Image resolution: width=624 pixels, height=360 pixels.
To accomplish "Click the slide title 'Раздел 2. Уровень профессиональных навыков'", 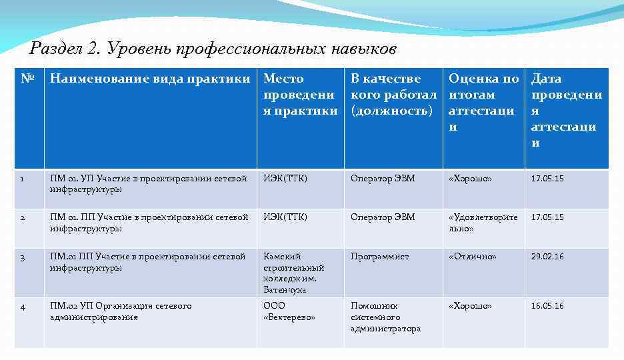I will coord(213,49).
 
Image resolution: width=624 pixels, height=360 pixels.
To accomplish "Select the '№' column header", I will coord(27,79).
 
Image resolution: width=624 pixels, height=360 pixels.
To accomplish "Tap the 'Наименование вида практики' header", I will coord(153,79).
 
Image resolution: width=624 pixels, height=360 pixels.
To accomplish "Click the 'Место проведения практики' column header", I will coord(300,95).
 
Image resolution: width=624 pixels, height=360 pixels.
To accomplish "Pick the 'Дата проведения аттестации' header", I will coord(566,111).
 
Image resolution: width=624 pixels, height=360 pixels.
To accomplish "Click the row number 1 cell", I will coord(23,179).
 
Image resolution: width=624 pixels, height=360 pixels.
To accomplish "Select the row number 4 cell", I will coord(23,307).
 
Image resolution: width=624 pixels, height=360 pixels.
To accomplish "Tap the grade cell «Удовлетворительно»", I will coord(483,223).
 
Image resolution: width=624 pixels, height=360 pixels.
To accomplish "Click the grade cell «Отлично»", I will coord(472,257).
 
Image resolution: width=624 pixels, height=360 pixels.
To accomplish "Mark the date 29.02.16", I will coord(547,257).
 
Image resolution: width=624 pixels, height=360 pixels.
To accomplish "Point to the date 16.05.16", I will coord(547,306).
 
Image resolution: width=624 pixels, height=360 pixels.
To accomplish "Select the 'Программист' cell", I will coord(379,257).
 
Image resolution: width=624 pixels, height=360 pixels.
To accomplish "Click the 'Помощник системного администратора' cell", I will coord(385,317).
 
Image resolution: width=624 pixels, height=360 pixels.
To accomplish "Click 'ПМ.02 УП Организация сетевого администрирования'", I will coord(120,311).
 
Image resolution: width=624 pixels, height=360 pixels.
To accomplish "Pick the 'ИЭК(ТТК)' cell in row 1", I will coord(285,179).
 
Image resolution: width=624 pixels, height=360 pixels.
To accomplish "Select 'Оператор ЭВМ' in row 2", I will coord(383,217).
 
